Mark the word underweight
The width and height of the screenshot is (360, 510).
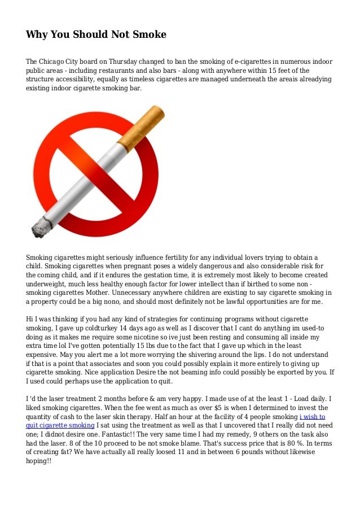click(x=49, y=285)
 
